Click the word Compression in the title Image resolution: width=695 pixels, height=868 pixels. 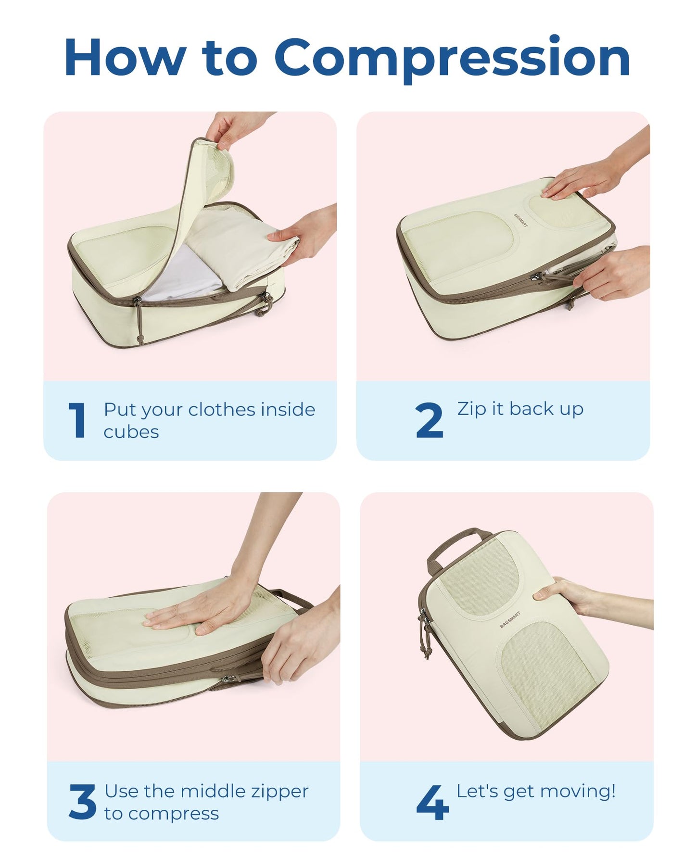452,58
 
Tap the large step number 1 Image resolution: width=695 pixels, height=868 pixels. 77,421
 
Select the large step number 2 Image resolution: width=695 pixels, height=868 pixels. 429,421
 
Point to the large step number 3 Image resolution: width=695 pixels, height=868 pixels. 82,802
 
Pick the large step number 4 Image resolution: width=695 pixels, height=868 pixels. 432,802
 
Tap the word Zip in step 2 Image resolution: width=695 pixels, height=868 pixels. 471,409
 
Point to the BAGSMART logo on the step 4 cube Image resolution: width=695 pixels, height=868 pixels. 510,619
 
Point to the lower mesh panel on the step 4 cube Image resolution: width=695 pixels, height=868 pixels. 548,673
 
